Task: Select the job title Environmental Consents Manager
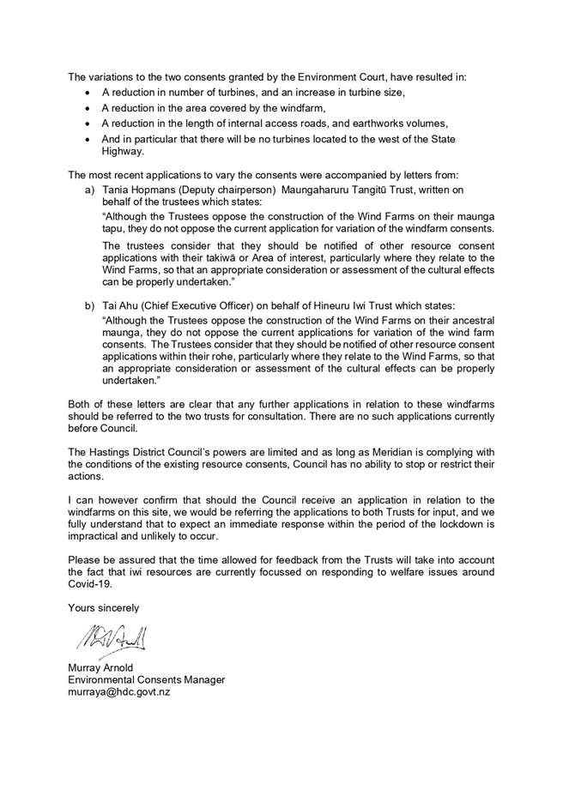click(147, 679)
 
